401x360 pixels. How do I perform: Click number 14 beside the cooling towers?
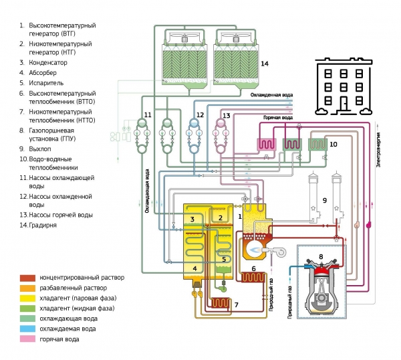click(265, 64)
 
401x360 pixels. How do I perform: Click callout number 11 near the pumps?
click(148, 115)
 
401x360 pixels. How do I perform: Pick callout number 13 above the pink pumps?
click(226, 116)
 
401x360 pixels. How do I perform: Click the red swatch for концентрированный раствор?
click(27, 277)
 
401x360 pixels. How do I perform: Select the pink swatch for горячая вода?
click(27, 339)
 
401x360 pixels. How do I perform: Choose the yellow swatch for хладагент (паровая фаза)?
click(27, 298)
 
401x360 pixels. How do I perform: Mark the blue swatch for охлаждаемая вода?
click(27, 329)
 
